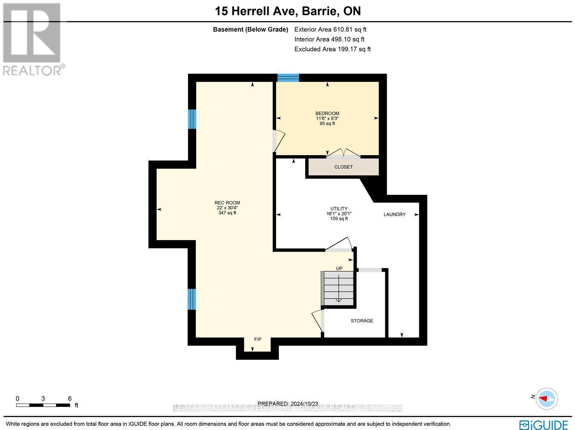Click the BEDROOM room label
pyautogui.click(x=327, y=113)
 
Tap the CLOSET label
pyautogui.click(x=343, y=167)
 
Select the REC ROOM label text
pyautogui.click(x=227, y=203)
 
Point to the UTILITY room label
pyautogui.click(x=339, y=209)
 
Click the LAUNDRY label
pyautogui.click(x=394, y=214)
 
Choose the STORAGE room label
pyautogui.click(x=362, y=321)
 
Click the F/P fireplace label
pyautogui.click(x=258, y=339)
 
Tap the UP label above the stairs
pyautogui.click(x=339, y=268)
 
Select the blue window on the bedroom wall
pyautogui.click(x=288, y=78)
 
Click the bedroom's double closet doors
pyautogui.click(x=343, y=154)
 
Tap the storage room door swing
pyautogui.click(x=318, y=320)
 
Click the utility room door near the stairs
pyautogui.click(x=339, y=245)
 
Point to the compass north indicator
pyautogui.click(x=546, y=398)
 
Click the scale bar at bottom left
pyautogui.click(x=43, y=405)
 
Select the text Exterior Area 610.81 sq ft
pyautogui.click(x=330, y=29)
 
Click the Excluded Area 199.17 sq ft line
pyautogui.click(x=332, y=49)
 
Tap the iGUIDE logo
pyautogui.click(x=543, y=425)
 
